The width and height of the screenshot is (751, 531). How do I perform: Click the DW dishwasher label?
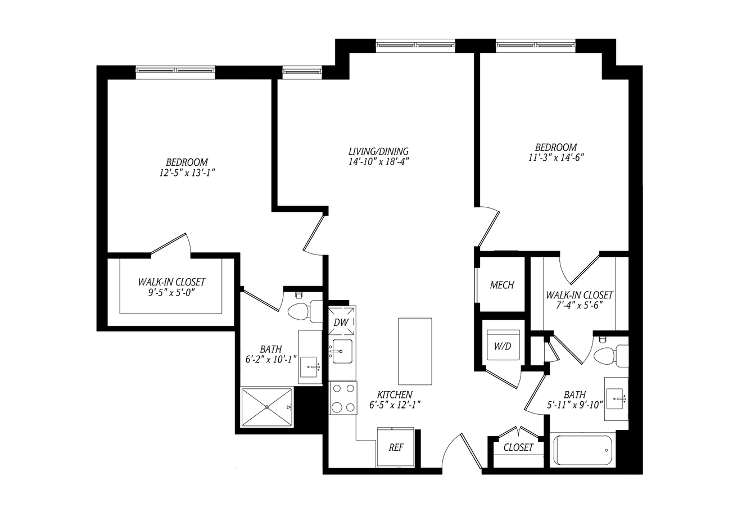pos(341,322)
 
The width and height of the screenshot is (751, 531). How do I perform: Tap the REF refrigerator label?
pos(396,447)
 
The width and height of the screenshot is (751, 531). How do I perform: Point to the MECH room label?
pos(502,285)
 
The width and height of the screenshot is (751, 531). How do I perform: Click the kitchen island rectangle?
pos(415,351)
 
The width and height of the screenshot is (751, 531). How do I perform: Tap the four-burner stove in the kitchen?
pos(343,398)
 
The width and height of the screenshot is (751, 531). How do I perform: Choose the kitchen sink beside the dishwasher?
pos(342,351)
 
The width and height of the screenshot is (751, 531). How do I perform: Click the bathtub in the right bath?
pos(583,450)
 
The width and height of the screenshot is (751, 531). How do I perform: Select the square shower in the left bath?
pos(266,407)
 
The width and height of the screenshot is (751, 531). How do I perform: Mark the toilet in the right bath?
pos(611,355)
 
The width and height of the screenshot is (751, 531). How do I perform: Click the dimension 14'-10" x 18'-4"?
pos(379,162)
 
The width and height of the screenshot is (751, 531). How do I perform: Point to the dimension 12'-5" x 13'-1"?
pos(187,173)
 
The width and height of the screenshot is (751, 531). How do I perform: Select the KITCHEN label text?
pos(395,394)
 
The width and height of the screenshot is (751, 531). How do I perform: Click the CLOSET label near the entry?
pos(518,447)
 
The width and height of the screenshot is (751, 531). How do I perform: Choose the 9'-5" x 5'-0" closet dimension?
pos(171,293)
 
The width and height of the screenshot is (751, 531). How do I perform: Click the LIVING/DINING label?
pos(378,151)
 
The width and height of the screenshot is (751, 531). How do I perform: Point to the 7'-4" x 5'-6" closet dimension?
pos(580,306)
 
